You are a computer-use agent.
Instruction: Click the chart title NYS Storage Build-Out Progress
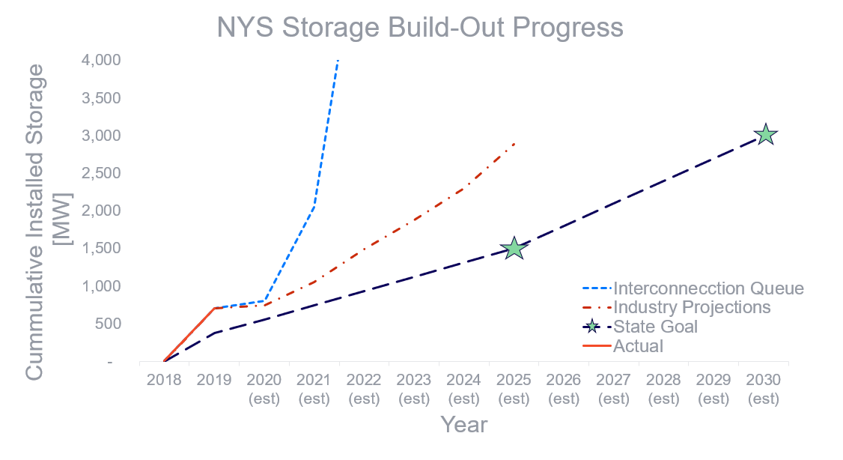(420, 27)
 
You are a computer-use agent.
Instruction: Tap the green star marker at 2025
(514, 248)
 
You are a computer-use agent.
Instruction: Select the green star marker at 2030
(765, 135)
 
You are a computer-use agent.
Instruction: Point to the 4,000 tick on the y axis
(101, 60)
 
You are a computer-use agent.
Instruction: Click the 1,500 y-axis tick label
(101, 248)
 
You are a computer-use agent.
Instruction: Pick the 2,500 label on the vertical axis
(101, 173)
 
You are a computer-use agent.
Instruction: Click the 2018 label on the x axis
(164, 380)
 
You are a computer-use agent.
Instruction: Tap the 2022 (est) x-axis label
(364, 389)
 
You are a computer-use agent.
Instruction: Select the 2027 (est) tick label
(613, 389)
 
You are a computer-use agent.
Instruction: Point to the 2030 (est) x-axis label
(764, 389)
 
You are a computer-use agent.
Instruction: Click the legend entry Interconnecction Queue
(708, 288)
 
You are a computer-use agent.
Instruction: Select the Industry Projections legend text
(692, 307)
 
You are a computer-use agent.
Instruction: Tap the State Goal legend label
(655, 327)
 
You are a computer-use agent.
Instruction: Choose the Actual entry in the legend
(638, 346)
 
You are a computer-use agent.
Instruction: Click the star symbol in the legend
(592, 327)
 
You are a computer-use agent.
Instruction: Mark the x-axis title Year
(464, 425)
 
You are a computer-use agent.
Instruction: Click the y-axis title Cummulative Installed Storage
(34, 222)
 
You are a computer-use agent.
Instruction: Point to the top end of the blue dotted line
(338, 60)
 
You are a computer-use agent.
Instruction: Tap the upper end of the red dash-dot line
(514, 143)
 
